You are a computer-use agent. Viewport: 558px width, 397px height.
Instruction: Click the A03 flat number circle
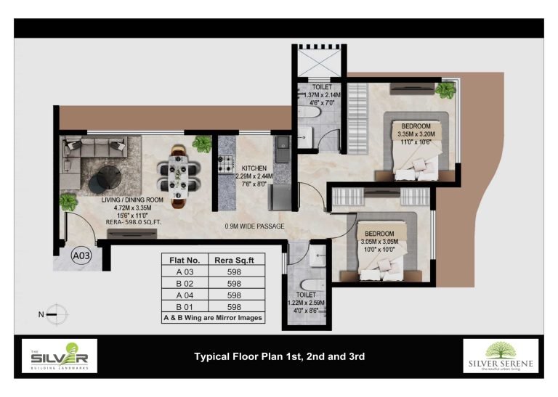tap(81, 255)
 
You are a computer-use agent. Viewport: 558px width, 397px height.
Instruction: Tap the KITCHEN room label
tap(254, 168)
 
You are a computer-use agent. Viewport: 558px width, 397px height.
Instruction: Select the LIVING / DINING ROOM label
tap(132, 200)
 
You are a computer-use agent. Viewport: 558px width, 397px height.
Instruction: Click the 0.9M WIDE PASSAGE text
tap(254, 226)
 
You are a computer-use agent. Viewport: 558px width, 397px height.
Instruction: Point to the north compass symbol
tap(56, 314)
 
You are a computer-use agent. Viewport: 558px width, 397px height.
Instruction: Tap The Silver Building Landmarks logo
tap(60, 356)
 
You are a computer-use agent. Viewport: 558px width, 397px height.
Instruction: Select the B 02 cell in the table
tap(185, 284)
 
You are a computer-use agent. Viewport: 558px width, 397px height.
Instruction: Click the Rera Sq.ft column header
tap(234, 260)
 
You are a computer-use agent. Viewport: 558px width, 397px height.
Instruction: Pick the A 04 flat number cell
tap(185, 295)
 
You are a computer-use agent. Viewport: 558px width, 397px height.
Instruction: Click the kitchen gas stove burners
tap(225, 164)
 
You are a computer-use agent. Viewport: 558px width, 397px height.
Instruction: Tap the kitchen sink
tap(283, 150)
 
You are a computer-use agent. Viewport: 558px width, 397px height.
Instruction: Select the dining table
tap(178, 176)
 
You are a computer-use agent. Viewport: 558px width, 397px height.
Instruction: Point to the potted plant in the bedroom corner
tap(445, 90)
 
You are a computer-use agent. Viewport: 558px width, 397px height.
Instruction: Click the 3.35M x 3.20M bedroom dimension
tap(416, 134)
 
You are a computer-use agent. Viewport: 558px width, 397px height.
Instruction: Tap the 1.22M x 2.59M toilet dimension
tap(306, 303)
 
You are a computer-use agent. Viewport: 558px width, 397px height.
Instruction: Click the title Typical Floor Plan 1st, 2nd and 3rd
tap(279, 356)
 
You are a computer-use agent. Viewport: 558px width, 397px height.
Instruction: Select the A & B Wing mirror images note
tap(213, 318)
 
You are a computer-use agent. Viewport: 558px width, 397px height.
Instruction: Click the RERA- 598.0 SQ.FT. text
tap(133, 222)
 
